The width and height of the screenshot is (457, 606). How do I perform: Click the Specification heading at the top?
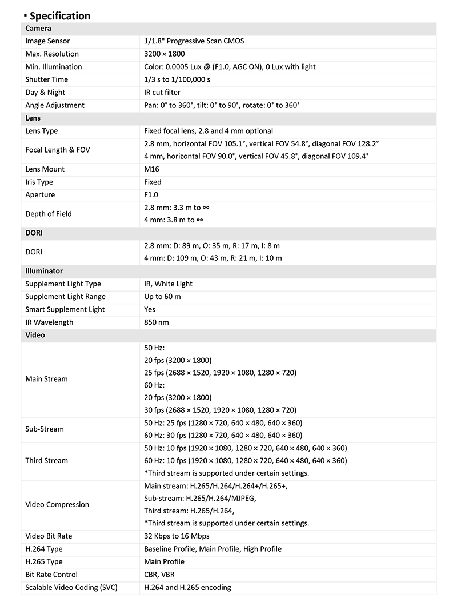[x=59, y=15]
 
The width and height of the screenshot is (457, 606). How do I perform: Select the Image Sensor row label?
[x=47, y=41]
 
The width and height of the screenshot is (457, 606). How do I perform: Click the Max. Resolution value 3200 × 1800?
[x=165, y=54]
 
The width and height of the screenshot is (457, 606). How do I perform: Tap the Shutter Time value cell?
[x=177, y=79]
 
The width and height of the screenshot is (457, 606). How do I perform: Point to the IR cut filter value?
[x=162, y=93]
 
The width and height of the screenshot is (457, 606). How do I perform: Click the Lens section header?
[x=34, y=118]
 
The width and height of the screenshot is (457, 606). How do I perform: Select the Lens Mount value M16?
[x=153, y=169]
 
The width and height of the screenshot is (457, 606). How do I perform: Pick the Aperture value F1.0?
[x=152, y=195]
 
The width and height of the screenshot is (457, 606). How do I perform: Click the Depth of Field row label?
[x=49, y=214]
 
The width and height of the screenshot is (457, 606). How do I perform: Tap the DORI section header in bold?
[x=34, y=233]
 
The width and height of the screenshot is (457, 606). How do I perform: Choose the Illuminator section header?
[x=44, y=271]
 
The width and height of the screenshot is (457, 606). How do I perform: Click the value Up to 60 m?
[x=162, y=297]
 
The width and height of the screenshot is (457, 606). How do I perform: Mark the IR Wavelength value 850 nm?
[x=156, y=322]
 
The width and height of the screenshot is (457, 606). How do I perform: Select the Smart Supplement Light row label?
[x=65, y=309]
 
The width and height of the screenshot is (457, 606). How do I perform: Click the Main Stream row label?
[x=46, y=379]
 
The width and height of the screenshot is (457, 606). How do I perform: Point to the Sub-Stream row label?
[x=45, y=429]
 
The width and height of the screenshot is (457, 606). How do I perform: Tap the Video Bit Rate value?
[x=177, y=536]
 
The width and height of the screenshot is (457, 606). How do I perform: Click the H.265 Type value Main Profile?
[x=164, y=562]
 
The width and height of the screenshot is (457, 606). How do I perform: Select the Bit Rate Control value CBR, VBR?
[x=159, y=575]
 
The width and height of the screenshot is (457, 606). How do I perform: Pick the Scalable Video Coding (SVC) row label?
[x=71, y=587]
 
